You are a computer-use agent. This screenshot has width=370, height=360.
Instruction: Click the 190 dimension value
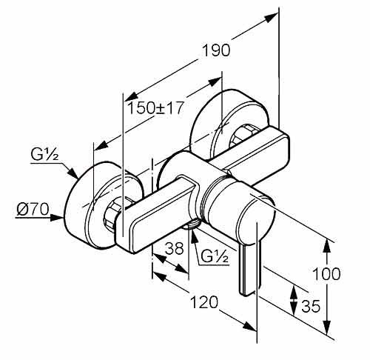216,50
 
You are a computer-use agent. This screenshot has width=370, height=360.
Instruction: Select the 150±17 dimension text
155,108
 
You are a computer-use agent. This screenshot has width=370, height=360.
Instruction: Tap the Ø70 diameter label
33,210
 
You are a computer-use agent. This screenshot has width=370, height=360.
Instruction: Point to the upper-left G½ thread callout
44,155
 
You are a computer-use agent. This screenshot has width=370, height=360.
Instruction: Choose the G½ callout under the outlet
215,256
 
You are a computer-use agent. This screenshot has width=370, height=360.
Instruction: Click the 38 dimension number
175,248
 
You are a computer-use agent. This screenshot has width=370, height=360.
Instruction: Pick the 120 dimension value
205,302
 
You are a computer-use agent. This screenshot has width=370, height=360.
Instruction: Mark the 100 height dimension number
326,273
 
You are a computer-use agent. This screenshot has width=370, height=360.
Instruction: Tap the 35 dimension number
311,306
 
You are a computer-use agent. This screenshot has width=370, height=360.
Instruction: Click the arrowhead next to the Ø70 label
57,218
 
